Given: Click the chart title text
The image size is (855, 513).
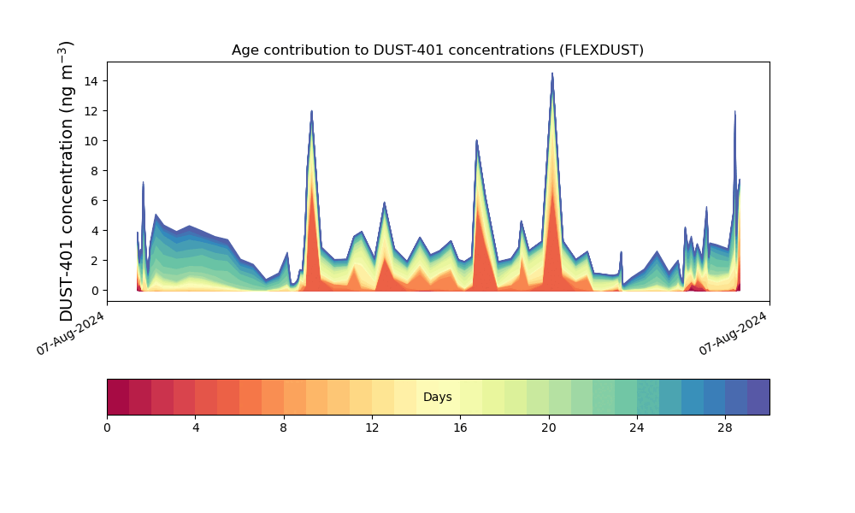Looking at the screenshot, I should point(437,50).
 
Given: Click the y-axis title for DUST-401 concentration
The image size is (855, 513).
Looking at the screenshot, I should point(67,180).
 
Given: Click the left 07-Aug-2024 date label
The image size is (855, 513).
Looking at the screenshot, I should point(71,333).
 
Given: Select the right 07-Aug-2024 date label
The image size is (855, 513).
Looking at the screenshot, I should point(734,333).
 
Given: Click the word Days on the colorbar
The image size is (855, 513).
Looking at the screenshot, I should point(437,398).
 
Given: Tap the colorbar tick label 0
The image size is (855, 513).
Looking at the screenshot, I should point(107,427).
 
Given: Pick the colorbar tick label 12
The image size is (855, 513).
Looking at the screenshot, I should point(372,427).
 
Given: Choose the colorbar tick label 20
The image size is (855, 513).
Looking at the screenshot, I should point(548,427).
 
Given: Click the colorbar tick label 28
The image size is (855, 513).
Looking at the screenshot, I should point(725,427).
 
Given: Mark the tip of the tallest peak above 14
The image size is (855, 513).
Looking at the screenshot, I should point(552,74).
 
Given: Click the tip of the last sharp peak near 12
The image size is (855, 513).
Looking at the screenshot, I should point(734,111).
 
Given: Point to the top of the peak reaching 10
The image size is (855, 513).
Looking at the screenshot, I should point(476,140).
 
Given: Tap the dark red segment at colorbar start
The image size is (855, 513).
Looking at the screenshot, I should point(118,398).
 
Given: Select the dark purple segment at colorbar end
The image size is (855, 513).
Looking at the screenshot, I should point(758,398).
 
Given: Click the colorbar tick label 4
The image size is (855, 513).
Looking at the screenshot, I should point(195,427).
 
